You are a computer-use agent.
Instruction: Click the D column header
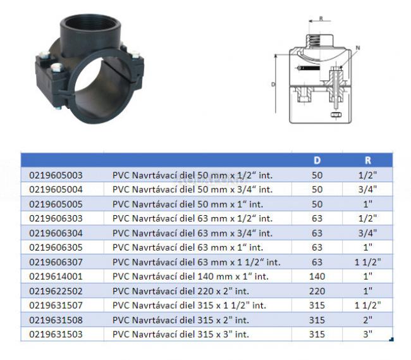[317, 160]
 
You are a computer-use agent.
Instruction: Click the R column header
[368, 160]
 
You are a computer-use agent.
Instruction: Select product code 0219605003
[56, 175]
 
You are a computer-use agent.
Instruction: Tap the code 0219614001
[56, 276]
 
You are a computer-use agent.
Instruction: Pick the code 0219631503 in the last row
[56, 334]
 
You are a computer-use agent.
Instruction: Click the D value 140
[317, 276]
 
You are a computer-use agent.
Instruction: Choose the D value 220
[317, 291]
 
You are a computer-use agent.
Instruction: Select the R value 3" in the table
[368, 334]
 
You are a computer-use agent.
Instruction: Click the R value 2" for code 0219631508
[368, 320]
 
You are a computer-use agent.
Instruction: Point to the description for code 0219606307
[196, 262]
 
